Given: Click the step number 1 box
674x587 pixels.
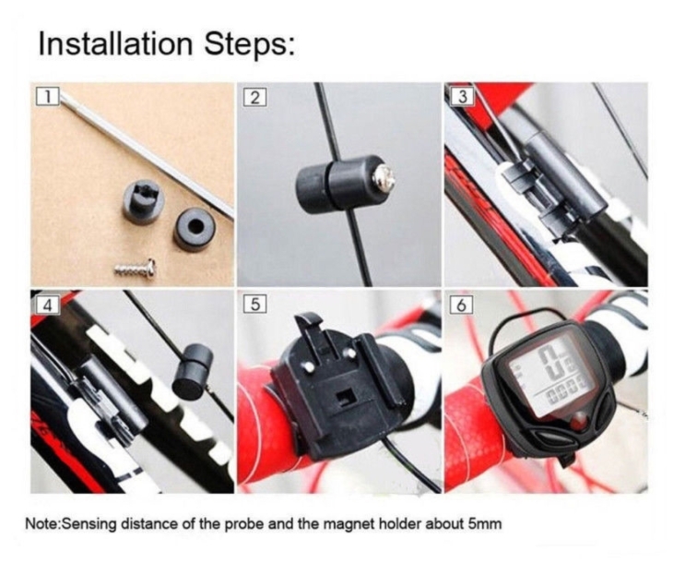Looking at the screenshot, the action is click(x=47, y=96).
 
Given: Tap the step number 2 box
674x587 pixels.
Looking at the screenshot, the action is click(x=254, y=97).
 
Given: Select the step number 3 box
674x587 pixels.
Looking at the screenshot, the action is click(x=462, y=96).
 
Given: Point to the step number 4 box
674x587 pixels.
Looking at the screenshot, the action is click(x=47, y=305).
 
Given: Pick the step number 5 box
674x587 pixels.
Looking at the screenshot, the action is click(x=254, y=304).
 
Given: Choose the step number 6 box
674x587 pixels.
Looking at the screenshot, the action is click(x=462, y=305).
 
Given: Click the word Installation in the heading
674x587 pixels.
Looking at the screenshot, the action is click(x=115, y=44).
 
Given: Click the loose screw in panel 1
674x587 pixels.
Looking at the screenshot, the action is click(x=135, y=268).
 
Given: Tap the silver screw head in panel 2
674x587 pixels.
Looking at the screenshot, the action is click(x=384, y=178).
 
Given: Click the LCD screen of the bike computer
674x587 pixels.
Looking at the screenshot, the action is click(x=551, y=370).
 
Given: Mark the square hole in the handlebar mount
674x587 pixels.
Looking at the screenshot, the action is click(x=348, y=398).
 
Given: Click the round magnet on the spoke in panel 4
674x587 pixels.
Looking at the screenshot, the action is click(x=193, y=370).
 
